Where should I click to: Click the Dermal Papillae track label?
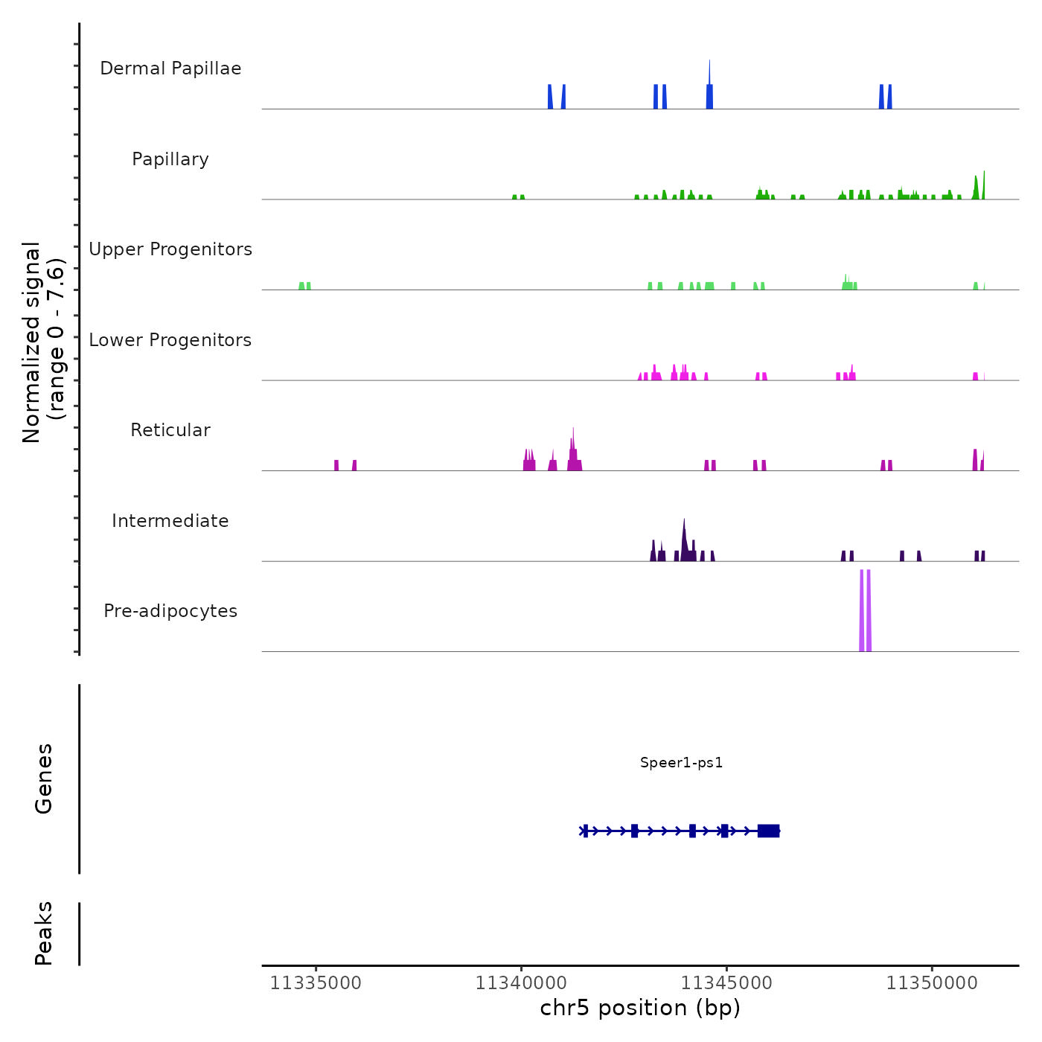click(170, 68)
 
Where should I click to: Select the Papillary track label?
click(170, 159)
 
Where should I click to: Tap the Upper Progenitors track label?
click(170, 249)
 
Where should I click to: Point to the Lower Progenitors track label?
click(170, 340)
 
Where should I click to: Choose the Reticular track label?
click(170, 430)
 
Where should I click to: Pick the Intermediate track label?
click(170, 521)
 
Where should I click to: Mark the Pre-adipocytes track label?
click(170, 611)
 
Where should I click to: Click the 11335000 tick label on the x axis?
click(316, 982)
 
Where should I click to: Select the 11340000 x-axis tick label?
click(521, 982)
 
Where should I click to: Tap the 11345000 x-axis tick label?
click(726, 982)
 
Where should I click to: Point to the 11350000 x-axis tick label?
click(932, 982)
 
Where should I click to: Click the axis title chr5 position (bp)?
click(640, 1008)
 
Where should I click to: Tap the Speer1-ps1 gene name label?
click(681, 762)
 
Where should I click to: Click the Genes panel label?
click(44, 779)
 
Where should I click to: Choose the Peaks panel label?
click(44, 933)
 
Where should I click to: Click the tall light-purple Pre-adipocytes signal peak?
click(865, 610)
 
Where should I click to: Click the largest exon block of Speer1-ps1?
click(768, 831)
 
